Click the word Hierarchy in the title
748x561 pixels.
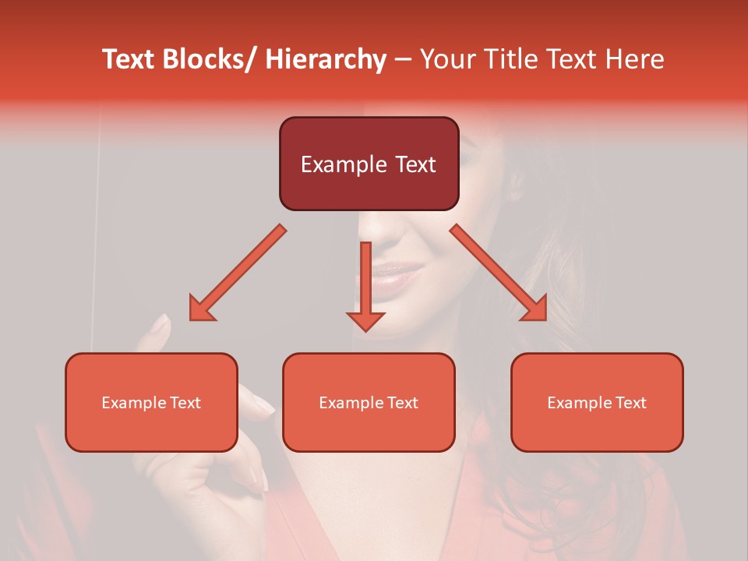[x=326, y=59]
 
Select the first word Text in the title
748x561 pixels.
[x=129, y=59]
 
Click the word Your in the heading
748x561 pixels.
[x=446, y=59]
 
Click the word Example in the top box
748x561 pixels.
[x=343, y=164]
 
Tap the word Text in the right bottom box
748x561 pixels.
[x=631, y=403]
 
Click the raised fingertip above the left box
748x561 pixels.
[x=161, y=325]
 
